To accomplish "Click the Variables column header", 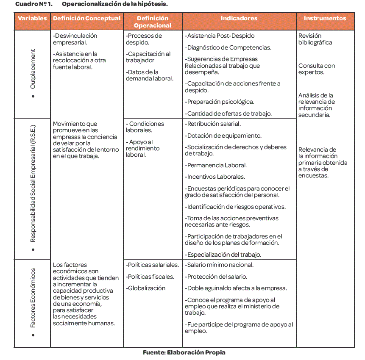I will pyautogui.click(x=32, y=19).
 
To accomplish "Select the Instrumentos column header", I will pyautogui.click(x=325, y=19).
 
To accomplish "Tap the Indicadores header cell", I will pyautogui.click(x=239, y=19).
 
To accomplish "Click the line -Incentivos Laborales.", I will pyautogui.click(x=215, y=177).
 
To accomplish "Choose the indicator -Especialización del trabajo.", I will pyautogui.click(x=223, y=255).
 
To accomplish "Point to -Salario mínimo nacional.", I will pyautogui.click(x=219, y=265).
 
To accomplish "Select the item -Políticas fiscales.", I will pyautogui.click(x=150, y=277).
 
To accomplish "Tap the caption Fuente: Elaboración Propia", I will pyautogui.click(x=184, y=352).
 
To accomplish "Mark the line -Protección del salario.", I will pyautogui.click(x=217, y=277).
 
